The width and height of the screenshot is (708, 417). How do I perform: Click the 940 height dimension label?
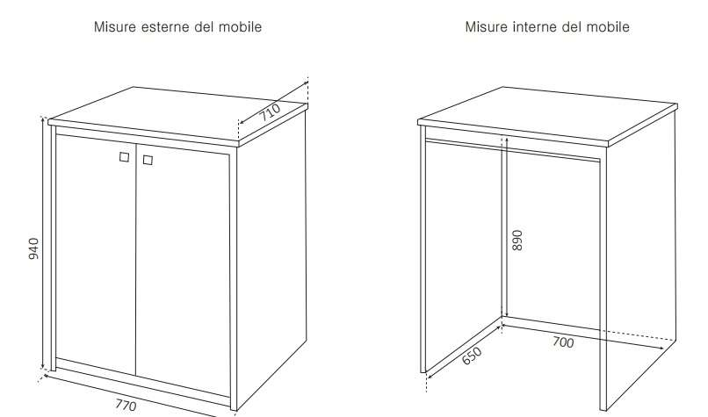click(x=33, y=248)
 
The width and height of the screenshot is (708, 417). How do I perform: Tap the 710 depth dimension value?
click(x=270, y=111)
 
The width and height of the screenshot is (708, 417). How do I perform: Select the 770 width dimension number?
click(x=126, y=405)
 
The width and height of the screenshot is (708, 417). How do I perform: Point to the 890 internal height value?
click(x=517, y=240)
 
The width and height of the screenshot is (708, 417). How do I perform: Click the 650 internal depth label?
click(x=472, y=356)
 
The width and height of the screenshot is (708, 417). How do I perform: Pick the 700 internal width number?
click(x=563, y=342)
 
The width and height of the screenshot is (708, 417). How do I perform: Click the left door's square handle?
click(x=124, y=156)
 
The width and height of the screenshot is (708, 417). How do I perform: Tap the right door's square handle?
click(x=148, y=160)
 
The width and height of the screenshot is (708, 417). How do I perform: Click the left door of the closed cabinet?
click(x=96, y=255)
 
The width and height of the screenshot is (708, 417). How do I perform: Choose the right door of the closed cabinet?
click(x=183, y=270)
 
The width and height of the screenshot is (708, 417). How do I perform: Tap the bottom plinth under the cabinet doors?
click(x=142, y=382)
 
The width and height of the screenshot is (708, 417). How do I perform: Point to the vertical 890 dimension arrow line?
click(x=506, y=227)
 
